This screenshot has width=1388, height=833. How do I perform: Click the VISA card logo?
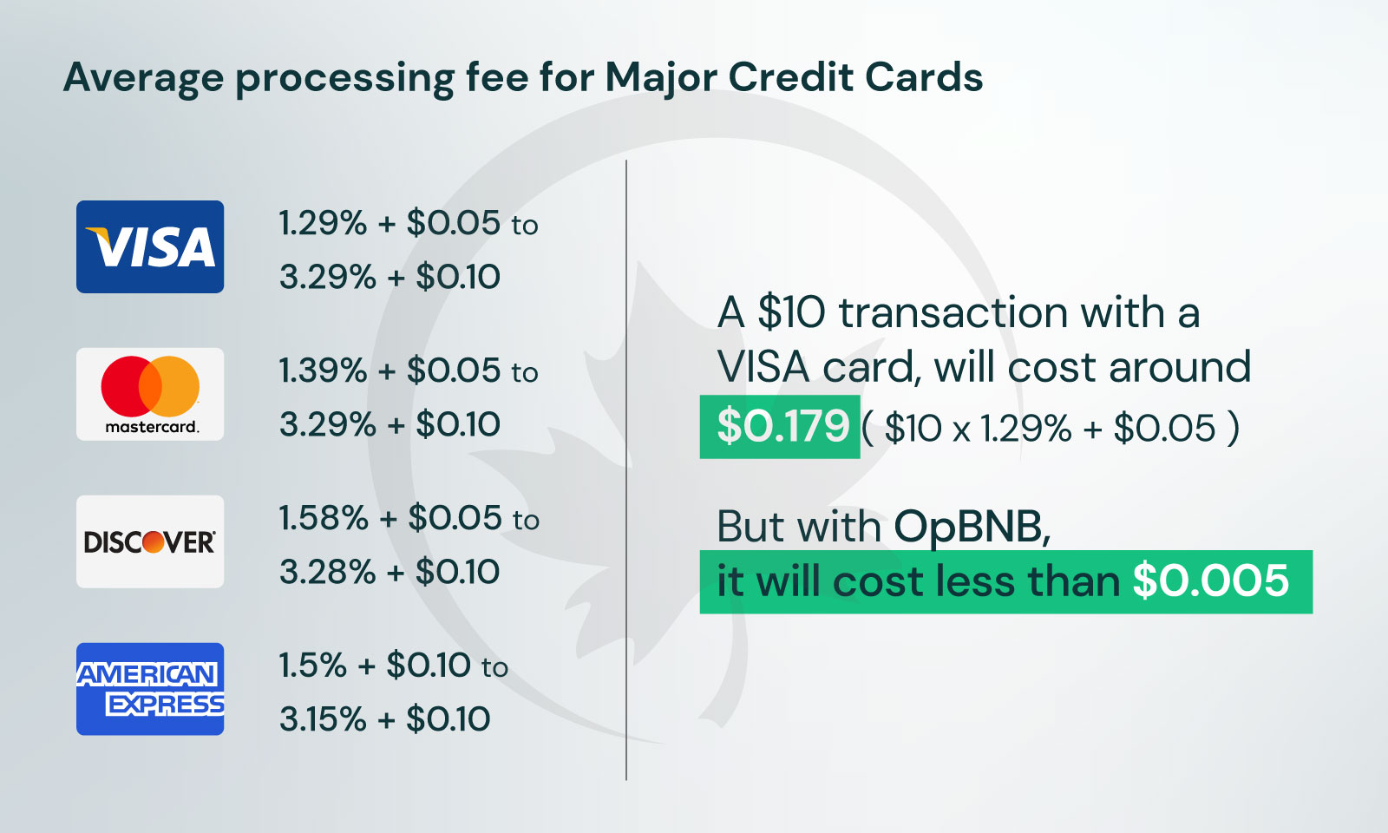point(150,246)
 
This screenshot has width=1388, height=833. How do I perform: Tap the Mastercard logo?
point(150,394)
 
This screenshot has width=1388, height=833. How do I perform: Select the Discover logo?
point(150,541)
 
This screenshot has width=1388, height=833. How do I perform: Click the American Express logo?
point(150,689)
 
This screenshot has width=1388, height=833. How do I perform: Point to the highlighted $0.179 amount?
point(782,426)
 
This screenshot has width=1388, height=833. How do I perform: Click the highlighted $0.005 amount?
point(1211,580)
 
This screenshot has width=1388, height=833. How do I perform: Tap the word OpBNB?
point(972,527)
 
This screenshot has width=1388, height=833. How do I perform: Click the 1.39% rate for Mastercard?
point(322,371)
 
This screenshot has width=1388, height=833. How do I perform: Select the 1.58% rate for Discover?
point(324,518)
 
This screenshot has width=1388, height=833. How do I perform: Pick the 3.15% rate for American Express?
point(323,719)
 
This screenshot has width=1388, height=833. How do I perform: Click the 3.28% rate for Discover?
point(327,572)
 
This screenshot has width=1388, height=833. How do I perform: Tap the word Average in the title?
point(143,79)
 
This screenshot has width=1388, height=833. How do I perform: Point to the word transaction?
point(953,312)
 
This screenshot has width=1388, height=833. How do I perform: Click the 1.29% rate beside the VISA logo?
point(322,223)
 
